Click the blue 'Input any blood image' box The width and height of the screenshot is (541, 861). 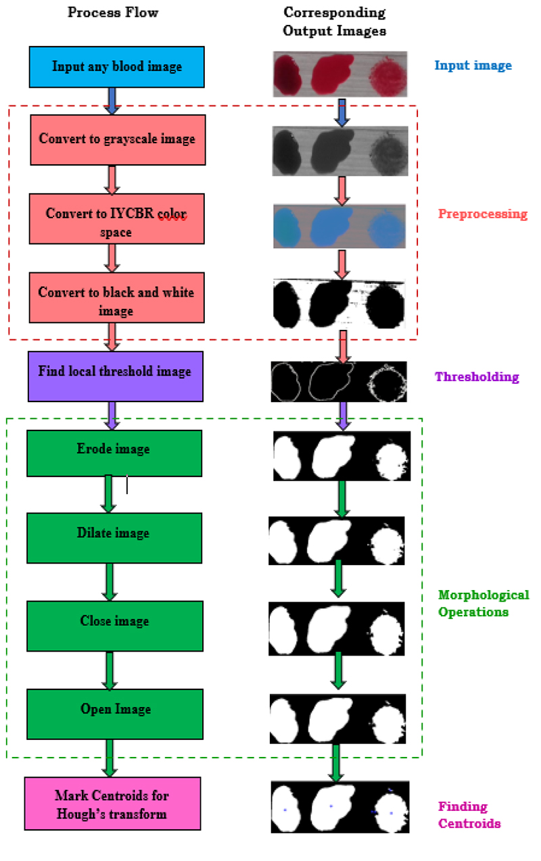coord(117,67)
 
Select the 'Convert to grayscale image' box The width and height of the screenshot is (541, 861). coord(117,139)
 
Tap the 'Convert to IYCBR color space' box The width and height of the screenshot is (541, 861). coord(116,220)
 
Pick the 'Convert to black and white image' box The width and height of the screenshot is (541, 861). coord(116,298)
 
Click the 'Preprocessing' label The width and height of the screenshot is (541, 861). coord(482,214)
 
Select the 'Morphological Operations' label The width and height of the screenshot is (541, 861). coord(483,604)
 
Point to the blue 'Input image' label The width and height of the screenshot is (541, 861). coord(473,66)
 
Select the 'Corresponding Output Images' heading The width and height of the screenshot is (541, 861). coord(334,22)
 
